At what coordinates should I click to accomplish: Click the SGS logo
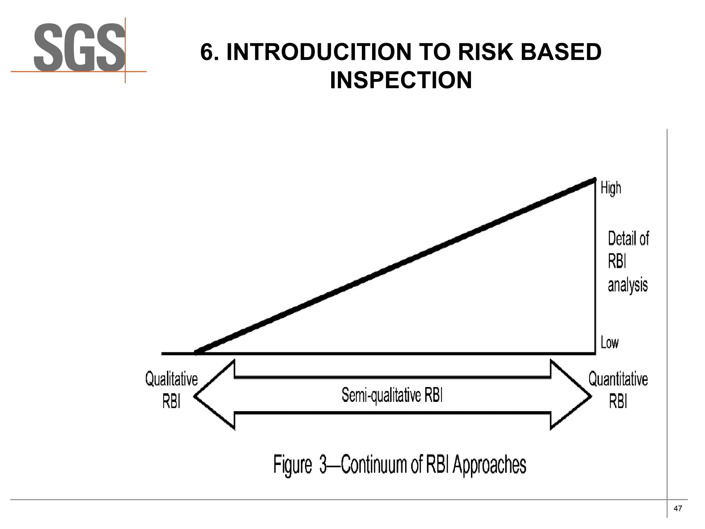pyautogui.click(x=79, y=48)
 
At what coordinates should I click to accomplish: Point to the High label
pyautogui.click(x=611, y=188)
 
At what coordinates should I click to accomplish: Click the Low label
pyautogui.click(x=609, y=343)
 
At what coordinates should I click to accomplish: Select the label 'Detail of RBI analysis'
pyautogui.click(x=628, y=262)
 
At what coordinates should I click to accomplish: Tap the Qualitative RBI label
pyautogui.click(x=171, y=390)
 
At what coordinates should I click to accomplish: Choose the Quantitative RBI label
pyautogui.click(x=618, y=390)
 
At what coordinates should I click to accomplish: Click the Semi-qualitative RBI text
pyautogui.click(x=392, y=395)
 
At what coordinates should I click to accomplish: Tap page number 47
pyautogui.click(x=677, y=509)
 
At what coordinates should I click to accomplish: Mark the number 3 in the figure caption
pyautogui.click(x=323, y=465)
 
